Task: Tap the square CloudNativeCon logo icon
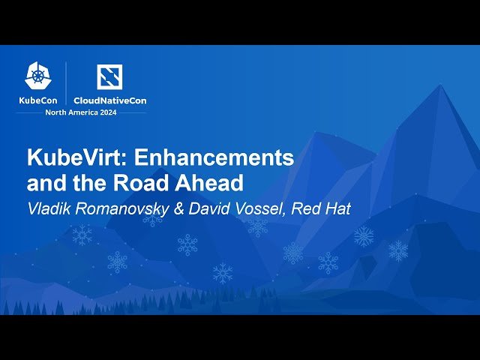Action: point(109,76)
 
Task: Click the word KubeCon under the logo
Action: point(38,100)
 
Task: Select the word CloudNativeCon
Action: point(109,100)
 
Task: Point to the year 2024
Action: point(114,112)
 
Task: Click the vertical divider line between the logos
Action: point(66,82)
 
